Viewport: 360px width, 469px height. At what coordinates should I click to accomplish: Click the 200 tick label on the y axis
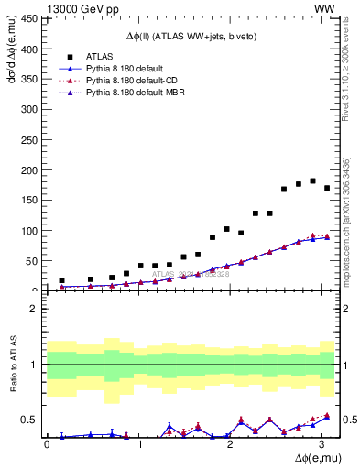pos(29,170)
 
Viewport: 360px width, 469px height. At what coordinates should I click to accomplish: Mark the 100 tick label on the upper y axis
pos(29,231)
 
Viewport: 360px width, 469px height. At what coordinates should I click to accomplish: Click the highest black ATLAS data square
pos(313,180)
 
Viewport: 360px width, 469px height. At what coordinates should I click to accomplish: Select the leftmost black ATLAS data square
pos(61,280)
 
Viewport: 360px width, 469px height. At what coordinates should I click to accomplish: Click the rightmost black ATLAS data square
pos(327,188)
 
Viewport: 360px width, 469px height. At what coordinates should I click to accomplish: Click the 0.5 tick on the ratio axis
pos(29,420)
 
